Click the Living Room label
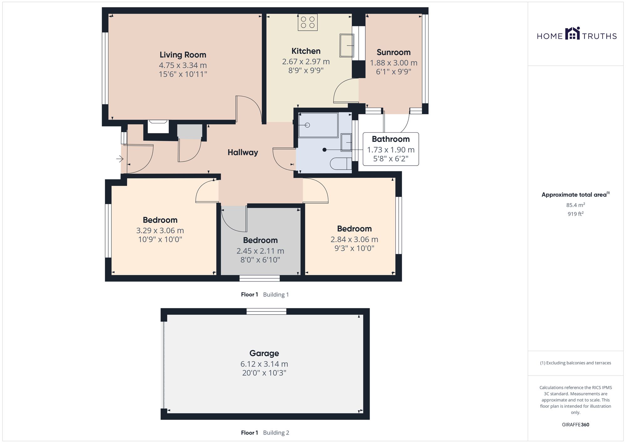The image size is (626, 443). (183, 55)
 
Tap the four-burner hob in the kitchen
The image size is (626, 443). (308, 23)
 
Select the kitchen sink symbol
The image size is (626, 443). (347, 45)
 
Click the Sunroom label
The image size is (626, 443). (393, 52)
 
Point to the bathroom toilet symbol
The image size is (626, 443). (341, 164)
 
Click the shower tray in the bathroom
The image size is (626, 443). (318, 125)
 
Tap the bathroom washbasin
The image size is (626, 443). (346, 142)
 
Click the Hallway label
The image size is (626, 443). (243, 152)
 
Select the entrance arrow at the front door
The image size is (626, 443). (120, 159)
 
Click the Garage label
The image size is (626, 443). (264, 353)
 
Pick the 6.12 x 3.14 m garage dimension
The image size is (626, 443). (264, 364)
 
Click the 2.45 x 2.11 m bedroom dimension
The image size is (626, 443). (260, 251)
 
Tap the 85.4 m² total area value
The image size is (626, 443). (576, 205)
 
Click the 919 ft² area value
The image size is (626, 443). (576, 214)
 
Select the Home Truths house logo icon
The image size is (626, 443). (572, 33)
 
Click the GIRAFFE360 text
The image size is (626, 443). (576, 425)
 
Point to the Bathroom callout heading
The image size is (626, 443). (391, 139)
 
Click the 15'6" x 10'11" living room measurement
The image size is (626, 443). (183, 74)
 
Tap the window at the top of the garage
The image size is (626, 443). (266, 311)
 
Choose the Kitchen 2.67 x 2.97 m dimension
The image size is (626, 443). (306, 62)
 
